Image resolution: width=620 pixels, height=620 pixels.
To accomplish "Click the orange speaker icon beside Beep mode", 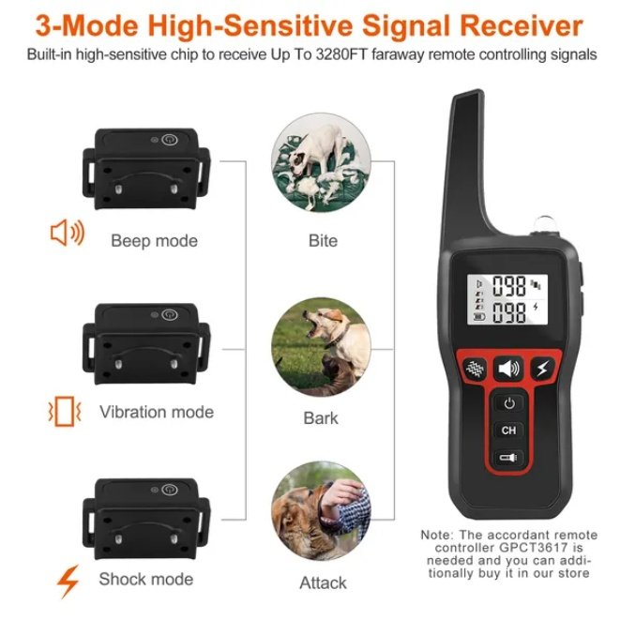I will coord(67,234).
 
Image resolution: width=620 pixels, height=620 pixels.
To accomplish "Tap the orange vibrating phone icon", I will coord(65,410).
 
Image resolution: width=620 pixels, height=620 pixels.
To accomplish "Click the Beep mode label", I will coord(154,241).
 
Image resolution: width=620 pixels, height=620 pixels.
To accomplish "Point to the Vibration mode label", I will coord(156,412).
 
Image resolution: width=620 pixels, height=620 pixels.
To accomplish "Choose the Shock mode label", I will coord(145,579).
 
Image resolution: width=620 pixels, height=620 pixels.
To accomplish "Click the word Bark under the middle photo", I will coord(321,417).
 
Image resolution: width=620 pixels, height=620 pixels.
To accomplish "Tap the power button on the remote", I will coord(508,403).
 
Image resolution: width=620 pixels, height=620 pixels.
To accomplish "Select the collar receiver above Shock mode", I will coord(145,516).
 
